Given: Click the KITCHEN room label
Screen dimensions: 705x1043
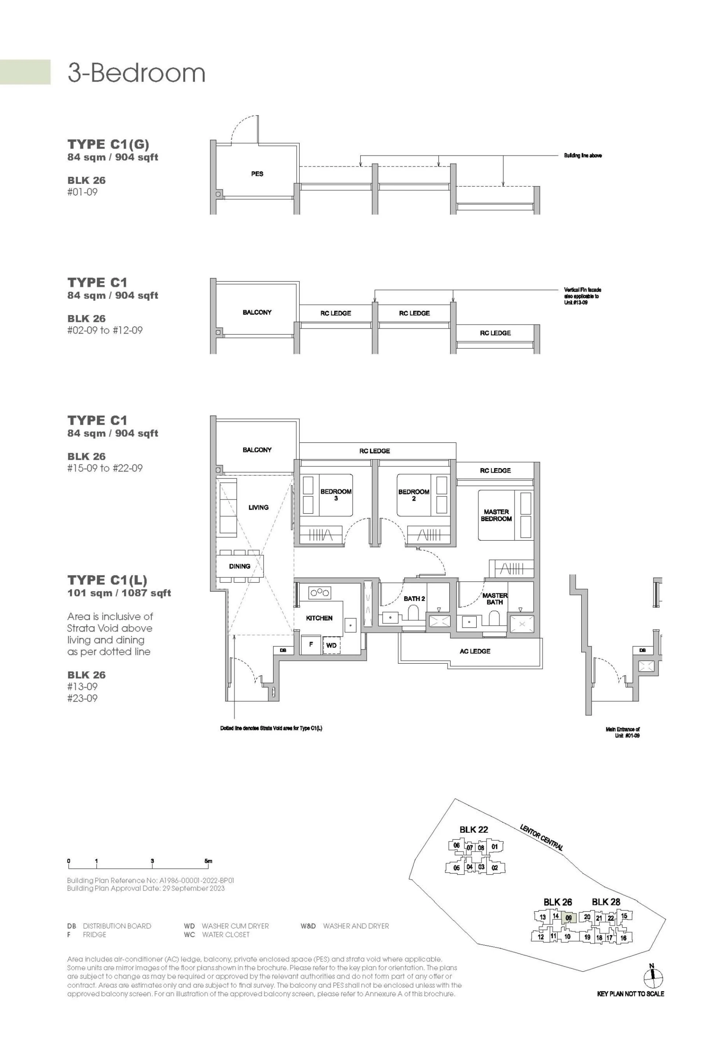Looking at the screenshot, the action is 319,618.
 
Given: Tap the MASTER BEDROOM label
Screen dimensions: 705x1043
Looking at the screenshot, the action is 496,515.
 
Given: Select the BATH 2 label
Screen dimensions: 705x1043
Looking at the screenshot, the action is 414,598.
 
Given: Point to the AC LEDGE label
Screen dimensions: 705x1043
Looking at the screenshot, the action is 474,651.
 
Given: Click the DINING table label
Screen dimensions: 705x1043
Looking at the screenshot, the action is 239,566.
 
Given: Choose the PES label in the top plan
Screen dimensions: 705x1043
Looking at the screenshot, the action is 257,174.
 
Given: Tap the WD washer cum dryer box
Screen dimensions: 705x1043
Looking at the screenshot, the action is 332,645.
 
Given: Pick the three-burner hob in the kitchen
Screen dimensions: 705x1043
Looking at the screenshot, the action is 319,592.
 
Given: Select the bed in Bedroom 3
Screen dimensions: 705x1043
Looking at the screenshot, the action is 326,495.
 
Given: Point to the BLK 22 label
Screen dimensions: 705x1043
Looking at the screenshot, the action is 474,829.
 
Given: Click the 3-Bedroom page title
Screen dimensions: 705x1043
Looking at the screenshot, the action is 136,73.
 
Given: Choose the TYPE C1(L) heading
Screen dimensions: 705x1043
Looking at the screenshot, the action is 107,580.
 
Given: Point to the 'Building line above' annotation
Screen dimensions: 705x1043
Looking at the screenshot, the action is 583,156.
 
